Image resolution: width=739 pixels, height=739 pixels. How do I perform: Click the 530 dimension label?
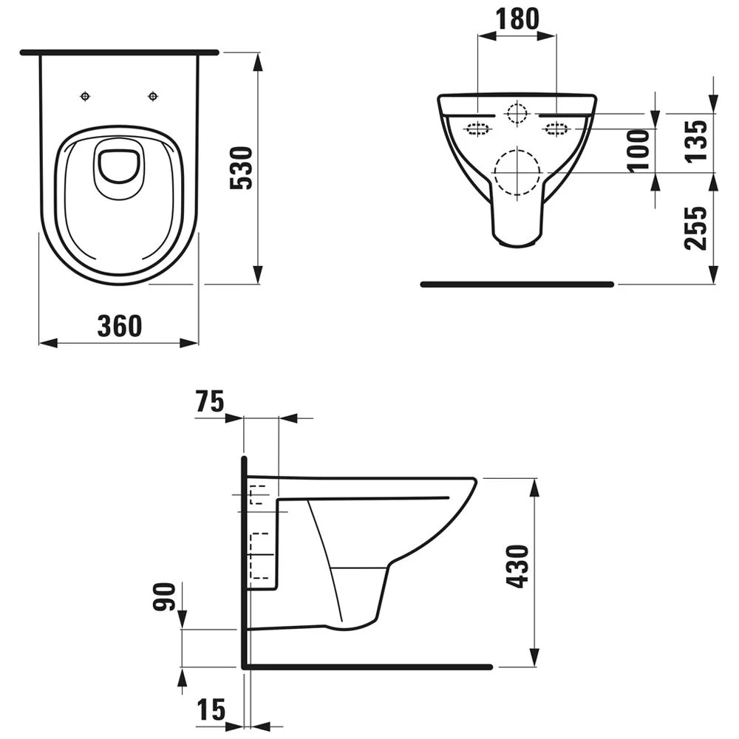241,168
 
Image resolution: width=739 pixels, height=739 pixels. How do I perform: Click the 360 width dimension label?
119,325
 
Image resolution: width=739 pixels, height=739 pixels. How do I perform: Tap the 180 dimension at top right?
517,19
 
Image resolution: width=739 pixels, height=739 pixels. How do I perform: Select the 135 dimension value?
695,140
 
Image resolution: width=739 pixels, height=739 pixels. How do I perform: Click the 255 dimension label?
695,228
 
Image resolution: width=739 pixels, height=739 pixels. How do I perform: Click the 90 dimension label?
167,597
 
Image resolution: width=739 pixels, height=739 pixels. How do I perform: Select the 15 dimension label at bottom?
211,711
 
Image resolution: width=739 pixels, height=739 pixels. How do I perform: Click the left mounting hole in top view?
86,96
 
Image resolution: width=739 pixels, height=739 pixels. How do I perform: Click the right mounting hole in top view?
153,96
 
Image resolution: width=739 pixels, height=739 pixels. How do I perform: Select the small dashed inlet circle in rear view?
517,113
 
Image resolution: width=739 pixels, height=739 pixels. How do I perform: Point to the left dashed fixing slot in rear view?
478,129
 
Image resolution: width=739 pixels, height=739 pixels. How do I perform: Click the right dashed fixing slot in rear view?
555,129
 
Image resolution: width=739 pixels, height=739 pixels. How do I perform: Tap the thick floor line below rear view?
517,284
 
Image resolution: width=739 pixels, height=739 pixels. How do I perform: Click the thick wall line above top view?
119,53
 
